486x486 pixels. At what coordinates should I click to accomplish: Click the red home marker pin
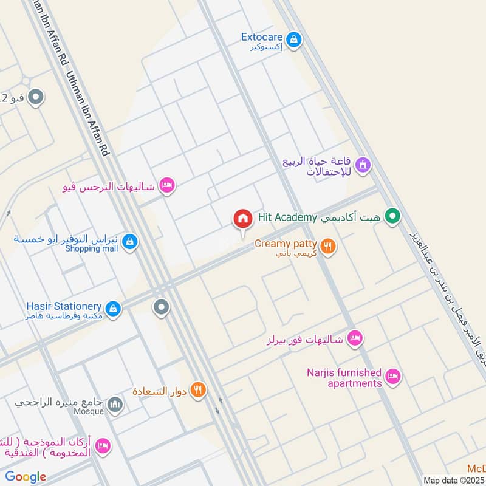[x=242, y=219]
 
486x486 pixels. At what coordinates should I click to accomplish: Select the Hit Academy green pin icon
[x=393, y=216]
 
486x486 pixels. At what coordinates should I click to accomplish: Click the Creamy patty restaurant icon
[x=328, y=245]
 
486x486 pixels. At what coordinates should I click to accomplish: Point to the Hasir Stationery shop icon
[x=113, y=309]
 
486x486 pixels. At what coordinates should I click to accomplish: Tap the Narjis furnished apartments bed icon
[x=393, y=377]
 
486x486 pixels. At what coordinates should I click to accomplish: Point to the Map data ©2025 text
[x=454, y=480]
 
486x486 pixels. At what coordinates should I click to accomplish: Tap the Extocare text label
[x=261, y=37]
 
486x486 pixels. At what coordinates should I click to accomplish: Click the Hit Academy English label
[x=287, y=217]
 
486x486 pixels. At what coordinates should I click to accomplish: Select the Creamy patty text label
[x=286, y=243]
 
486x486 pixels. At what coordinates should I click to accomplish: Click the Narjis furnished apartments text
[x=344, y=378]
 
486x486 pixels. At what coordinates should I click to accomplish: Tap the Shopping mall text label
[x=92, y=248]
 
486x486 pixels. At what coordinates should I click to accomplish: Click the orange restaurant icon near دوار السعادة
[x=197, y=389]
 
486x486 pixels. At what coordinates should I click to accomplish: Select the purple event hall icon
[x=363, y=165]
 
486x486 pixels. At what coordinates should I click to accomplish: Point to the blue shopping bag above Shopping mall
[x=129, y=242]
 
